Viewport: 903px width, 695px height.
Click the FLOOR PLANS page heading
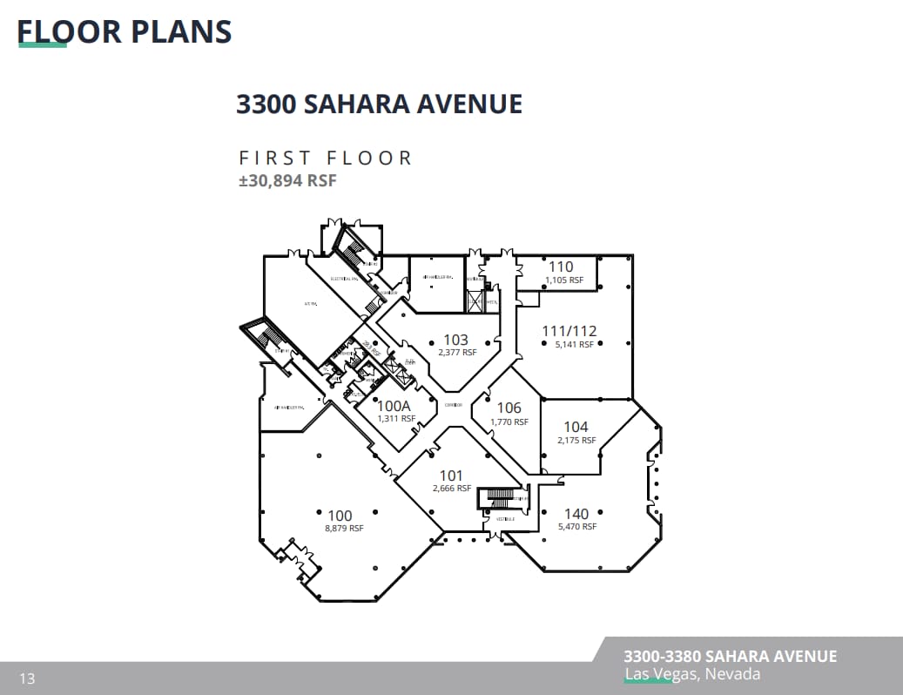click(x=125, y=31)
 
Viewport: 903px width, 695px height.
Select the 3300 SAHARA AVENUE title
click(x=379, y=104)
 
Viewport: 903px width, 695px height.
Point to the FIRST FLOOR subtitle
click(x=326, y=158)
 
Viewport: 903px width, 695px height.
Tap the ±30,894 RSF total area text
click(x=287, y=181)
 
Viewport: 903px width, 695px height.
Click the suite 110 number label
click(x=561, y=267)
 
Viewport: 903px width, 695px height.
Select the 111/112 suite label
click(x=569, y=331)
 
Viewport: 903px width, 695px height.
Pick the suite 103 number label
click(x=455, y=340)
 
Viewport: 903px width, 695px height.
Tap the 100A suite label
click(x=394, y=406)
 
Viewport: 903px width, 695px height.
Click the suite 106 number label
click(x=509, y=408)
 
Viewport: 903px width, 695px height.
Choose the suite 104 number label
click(x=576, y=427)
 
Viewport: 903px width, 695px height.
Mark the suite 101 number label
click(x=451, y=476)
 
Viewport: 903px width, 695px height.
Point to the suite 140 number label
click(x=576, y=514)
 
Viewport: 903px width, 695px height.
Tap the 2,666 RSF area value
click(x=451, y=489)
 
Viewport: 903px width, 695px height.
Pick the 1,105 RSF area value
click(x=563, y=280)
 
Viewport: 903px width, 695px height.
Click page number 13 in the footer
click(x=27, y=678)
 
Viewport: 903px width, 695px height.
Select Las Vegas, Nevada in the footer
click(x=692, y=674)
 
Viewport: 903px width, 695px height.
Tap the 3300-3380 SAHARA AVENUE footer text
click(x=730, y=656)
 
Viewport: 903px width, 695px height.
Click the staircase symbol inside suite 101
click(x=501, y=498)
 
